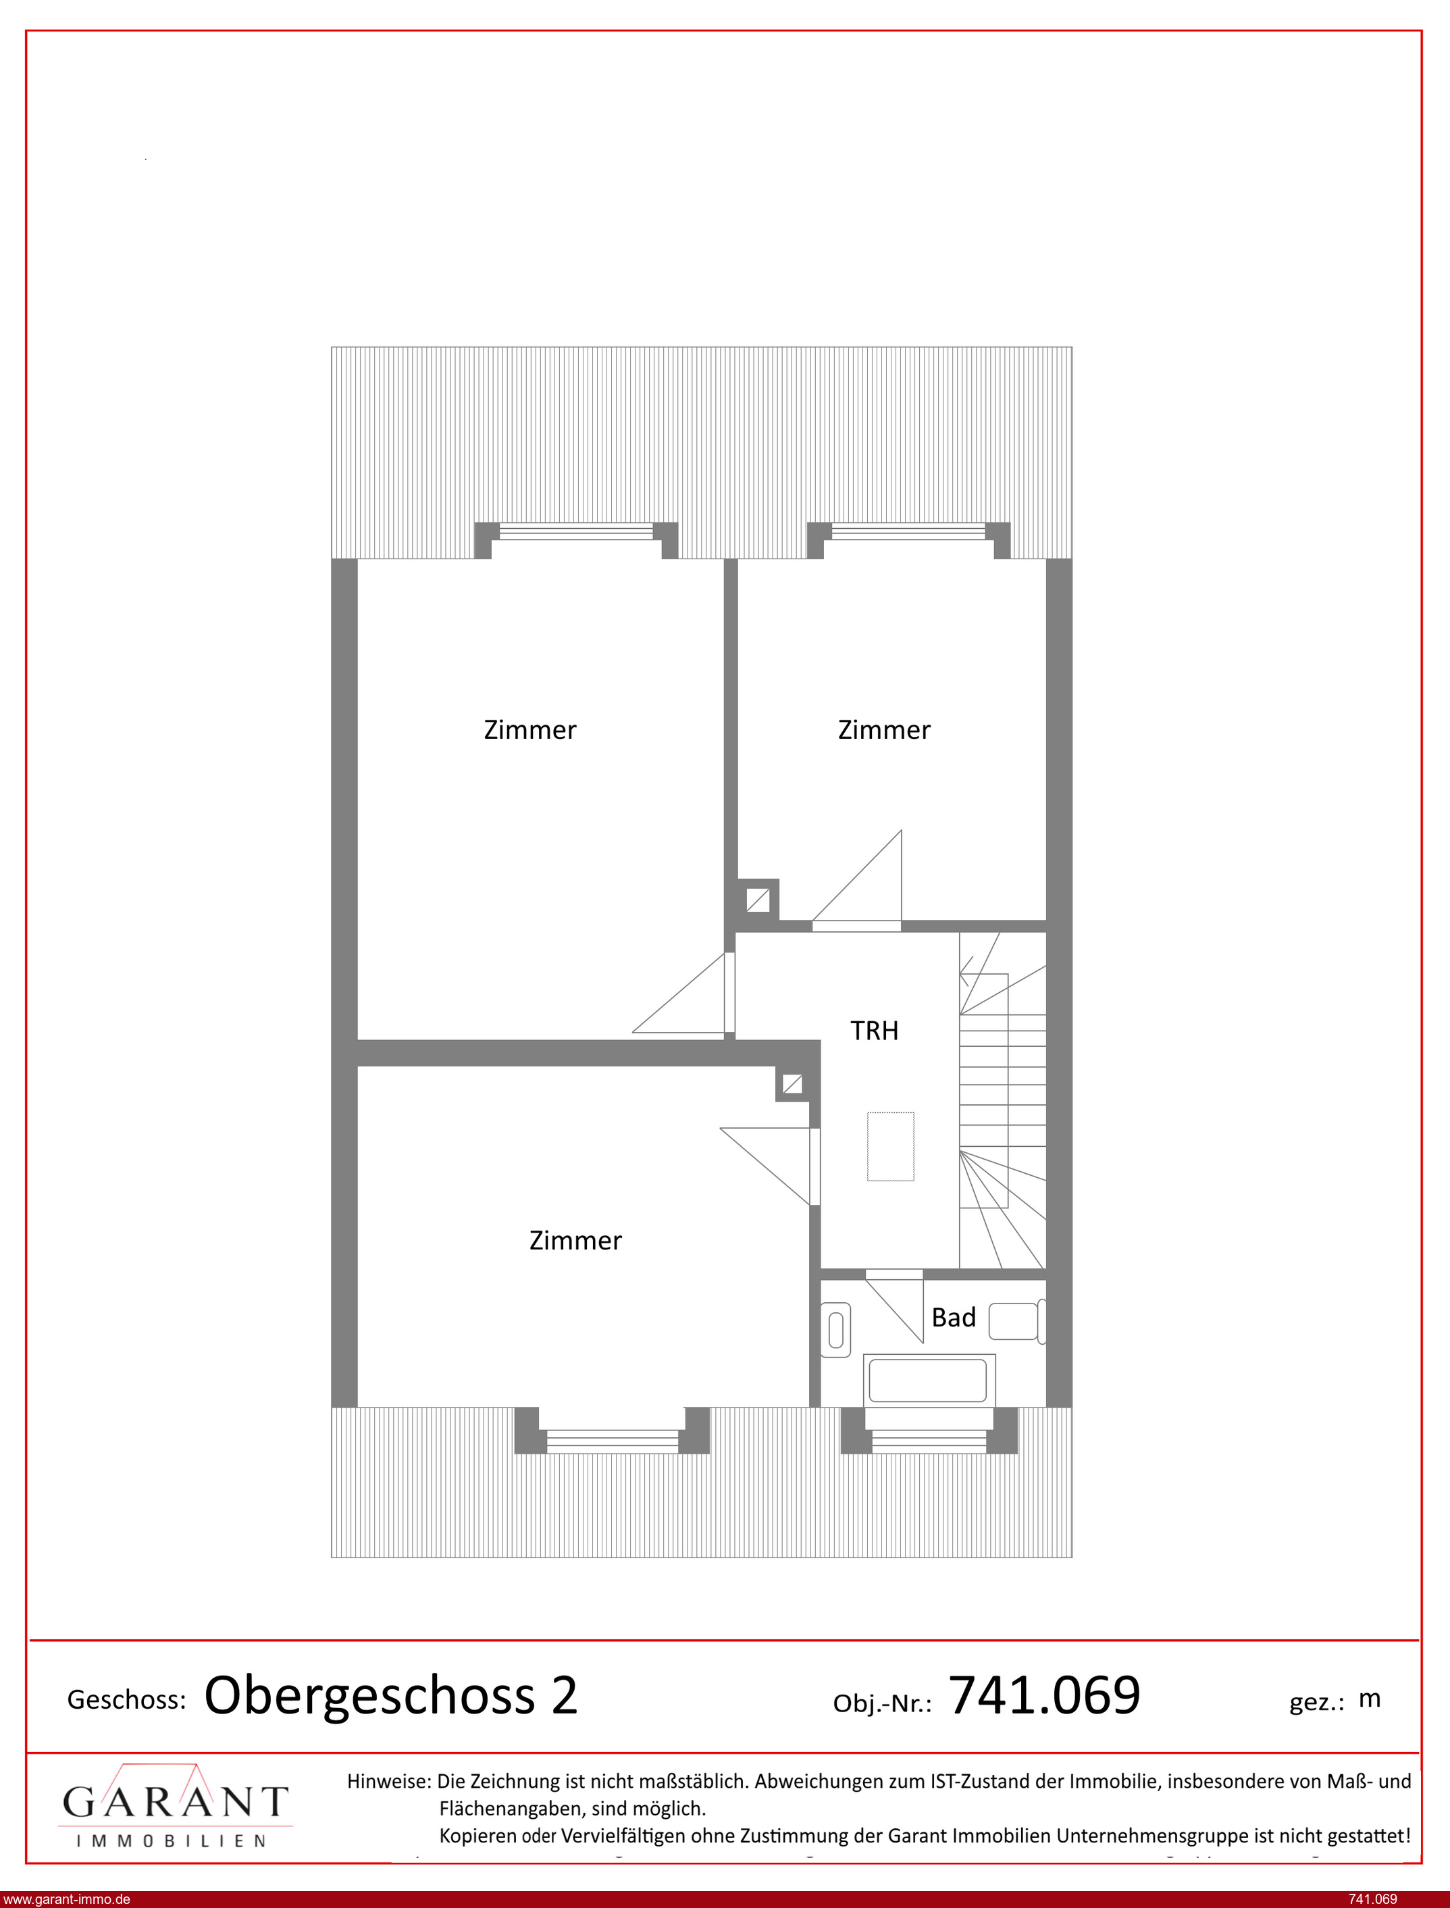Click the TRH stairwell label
click(875, 1031)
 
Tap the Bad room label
click(954, 1318)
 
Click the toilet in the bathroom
click(835, 1329)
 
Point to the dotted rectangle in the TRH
click(891, 1146)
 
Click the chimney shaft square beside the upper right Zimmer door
click(758, 900)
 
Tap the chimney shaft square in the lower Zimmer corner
click(792, 1084)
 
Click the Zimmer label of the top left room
click(530, 730)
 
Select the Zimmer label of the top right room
click(885, 730)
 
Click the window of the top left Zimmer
click(577, 532)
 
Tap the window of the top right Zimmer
click(908, 532)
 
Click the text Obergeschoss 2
click(391, 1697)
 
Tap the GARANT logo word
click(175, 1803)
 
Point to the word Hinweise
click(388, 1781)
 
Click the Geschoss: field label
click(127, 1700)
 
